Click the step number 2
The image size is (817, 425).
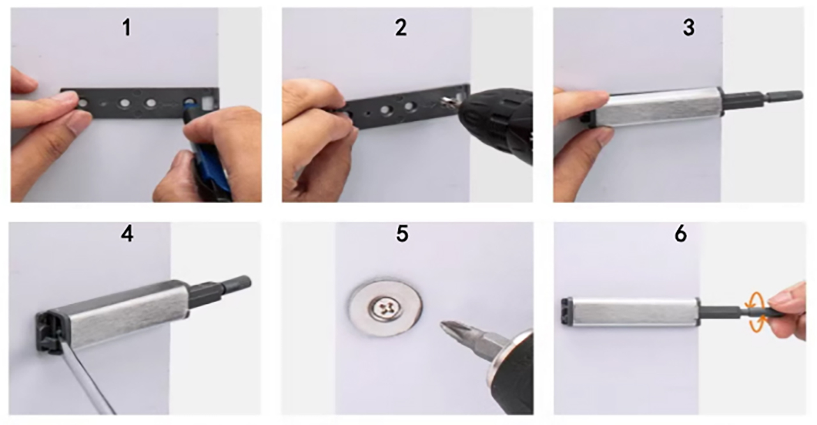point(400,28)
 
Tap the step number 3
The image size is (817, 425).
point(688,28)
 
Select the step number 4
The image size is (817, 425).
point(127,234)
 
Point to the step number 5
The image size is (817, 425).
point(401,234)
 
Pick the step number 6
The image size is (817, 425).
point(680,234)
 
